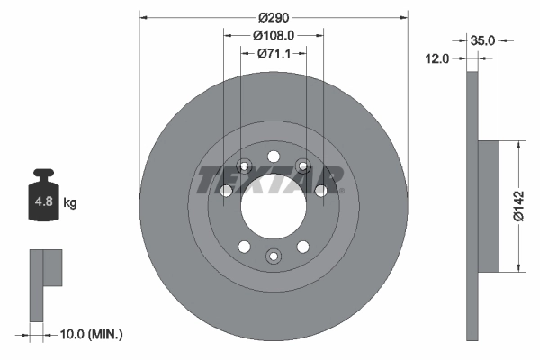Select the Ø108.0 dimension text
(275, 36)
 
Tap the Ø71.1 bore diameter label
(274, 54)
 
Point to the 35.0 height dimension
(484, 40)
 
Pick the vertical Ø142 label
(519, 205)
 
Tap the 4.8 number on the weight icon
(42, 203)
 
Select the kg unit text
(70, 203)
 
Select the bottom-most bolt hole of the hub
(274, 256)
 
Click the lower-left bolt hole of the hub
(242, 246)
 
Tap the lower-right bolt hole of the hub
(304, 246)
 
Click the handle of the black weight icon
(42, 174)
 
